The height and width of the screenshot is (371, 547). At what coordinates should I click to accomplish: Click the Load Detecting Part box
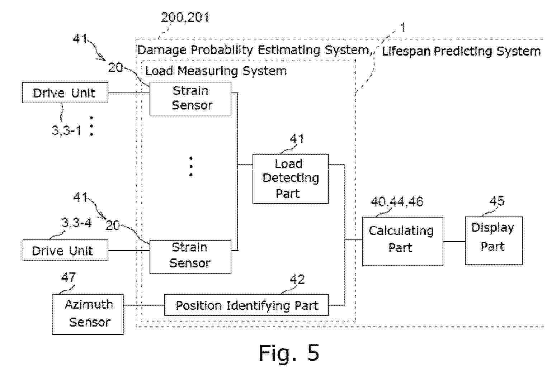290,179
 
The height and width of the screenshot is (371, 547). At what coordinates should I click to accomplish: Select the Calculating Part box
402,241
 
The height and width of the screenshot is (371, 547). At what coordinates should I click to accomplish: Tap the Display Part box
493,240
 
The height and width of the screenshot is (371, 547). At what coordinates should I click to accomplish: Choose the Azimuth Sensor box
88,314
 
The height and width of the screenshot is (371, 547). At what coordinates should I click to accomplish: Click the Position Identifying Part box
246,305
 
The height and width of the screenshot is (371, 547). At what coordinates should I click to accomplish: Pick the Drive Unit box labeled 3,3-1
65,93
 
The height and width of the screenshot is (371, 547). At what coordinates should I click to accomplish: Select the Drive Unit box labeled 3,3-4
65,250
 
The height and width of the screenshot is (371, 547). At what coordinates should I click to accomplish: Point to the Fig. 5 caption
289,353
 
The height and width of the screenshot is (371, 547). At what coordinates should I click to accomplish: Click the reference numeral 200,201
185,17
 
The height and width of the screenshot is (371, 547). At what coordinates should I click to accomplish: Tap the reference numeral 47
68,277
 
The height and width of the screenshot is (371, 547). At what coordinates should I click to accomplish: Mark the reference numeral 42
297,279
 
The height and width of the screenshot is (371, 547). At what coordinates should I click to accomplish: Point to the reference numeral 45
497,201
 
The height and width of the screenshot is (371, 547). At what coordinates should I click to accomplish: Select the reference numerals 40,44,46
397,202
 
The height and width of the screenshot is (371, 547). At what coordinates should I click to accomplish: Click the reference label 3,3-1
67,130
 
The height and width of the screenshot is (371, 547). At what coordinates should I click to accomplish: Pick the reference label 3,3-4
76,223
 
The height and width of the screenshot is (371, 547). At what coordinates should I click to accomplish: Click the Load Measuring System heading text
216,71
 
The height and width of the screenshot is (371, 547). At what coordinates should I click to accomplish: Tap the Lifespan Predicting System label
461,51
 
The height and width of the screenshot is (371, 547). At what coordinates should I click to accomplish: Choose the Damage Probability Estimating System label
253,50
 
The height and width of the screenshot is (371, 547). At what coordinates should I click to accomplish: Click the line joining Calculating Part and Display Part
454,242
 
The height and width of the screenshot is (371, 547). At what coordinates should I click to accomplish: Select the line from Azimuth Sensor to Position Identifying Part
143,305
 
